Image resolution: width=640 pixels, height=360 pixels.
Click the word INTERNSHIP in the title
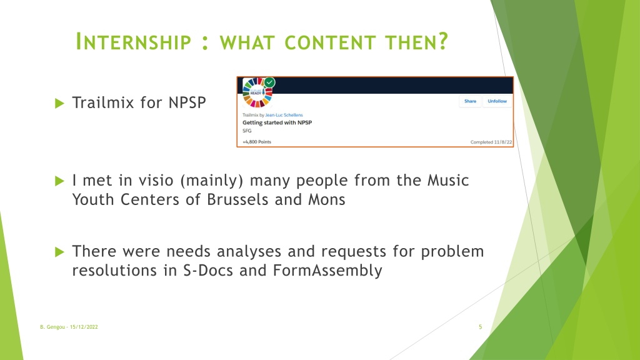(x=134, y=42)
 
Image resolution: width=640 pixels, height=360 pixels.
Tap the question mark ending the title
(x=444, y=42)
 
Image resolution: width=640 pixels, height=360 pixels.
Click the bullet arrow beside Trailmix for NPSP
(x=59, y=103)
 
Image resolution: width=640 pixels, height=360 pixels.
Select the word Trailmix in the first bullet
(x=103, y=102)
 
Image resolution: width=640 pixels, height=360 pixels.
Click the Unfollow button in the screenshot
(x=497, y=101)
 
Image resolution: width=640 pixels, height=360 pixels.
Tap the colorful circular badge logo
(x=257, y=92)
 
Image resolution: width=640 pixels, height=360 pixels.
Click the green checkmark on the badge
(x=269, y=82)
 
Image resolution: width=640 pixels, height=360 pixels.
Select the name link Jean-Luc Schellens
(x=284, y=115)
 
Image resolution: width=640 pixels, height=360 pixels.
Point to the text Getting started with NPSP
(x=277, y=122)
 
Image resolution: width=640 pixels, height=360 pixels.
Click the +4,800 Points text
(x=257, y=142)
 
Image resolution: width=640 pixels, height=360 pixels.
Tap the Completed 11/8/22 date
(x=491, y=142)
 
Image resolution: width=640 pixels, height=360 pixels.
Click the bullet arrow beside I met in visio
(x=59, y=181)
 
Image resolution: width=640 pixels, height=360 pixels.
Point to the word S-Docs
(x=208, y=270)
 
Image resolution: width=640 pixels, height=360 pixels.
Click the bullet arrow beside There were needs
(x=59, y=252)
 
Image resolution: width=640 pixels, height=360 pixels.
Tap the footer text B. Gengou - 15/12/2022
(x=69, y=327)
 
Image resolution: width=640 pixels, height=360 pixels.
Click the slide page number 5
(x=481, y=327)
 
